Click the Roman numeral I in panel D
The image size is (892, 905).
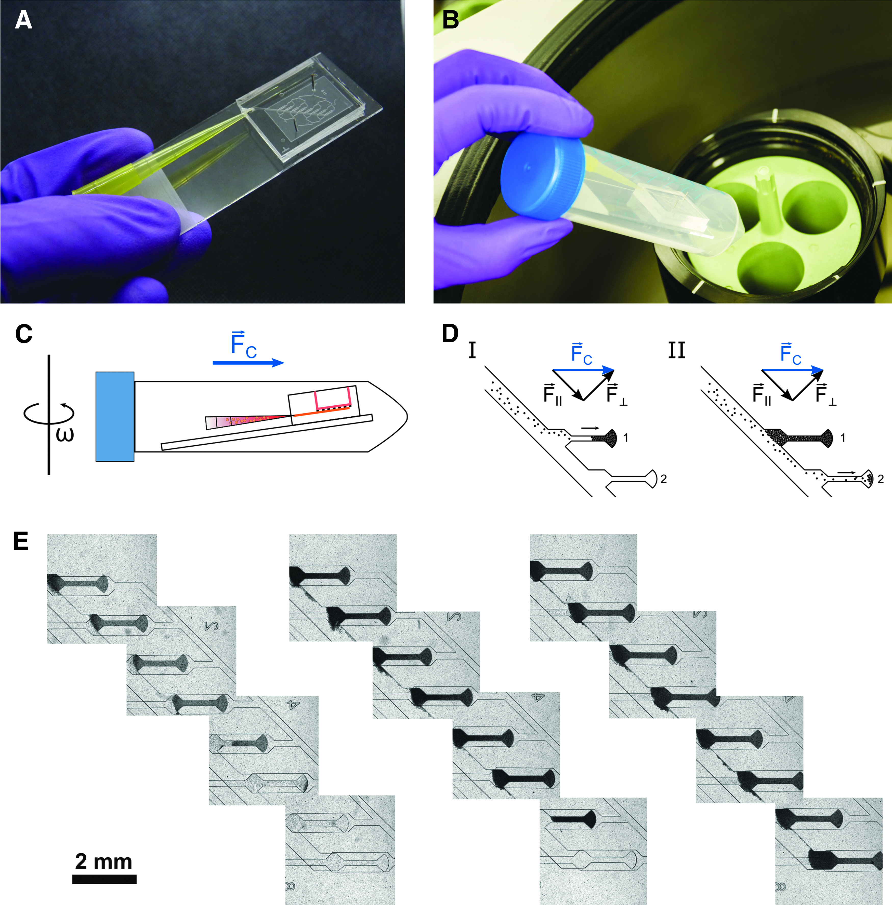tap(472, 350)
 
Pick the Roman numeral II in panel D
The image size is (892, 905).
tap(676, 350)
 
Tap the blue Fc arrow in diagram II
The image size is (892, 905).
tap(792, 370)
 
